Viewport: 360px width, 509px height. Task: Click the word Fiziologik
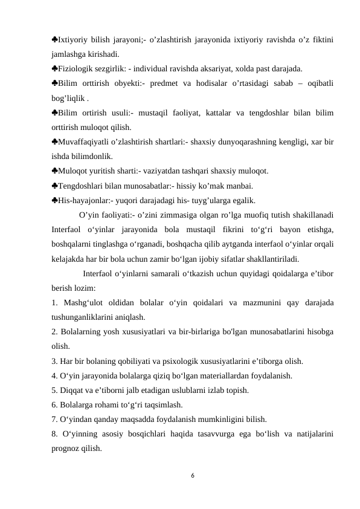click(x=76, y=68)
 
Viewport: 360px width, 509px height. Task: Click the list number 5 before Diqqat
click(x=54, y=391)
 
